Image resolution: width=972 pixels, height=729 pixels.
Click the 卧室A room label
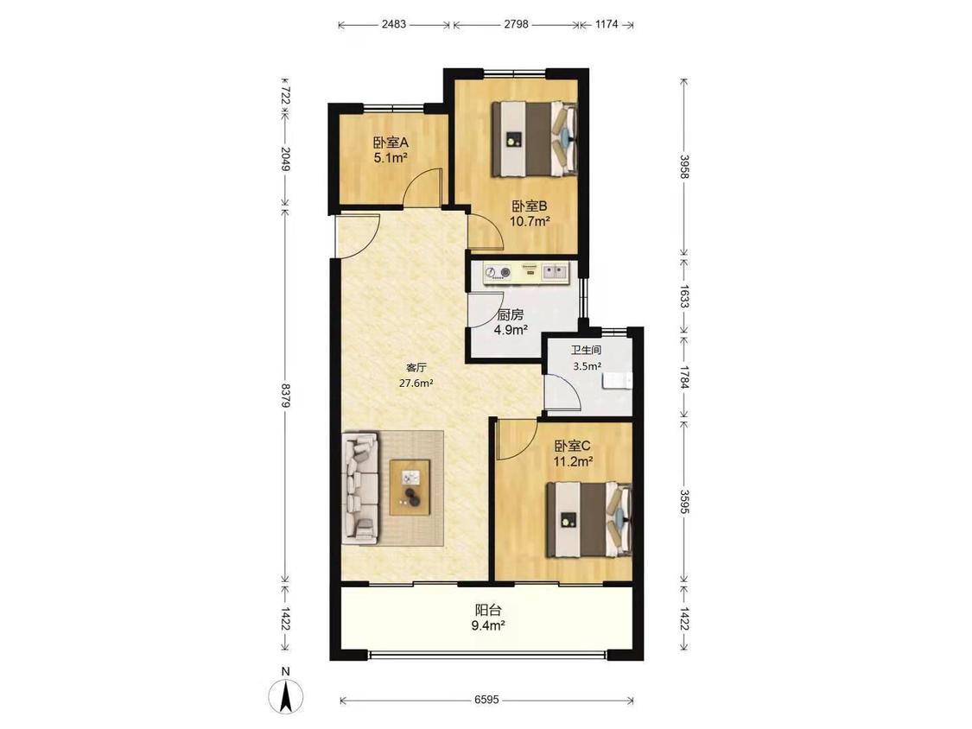click(391, 143)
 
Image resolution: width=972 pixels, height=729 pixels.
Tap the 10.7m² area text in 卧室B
click(530, 221)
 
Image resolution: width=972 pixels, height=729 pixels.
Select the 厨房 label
click(510, 315)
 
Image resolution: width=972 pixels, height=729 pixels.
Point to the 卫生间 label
click(586, 350)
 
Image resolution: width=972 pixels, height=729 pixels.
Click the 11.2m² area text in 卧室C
click(574, 461)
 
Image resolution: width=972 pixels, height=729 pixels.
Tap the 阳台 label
click(488, 611)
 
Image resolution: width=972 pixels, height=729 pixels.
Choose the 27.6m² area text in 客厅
click(416, 384)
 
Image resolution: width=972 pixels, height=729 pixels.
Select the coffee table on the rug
click(410, 487)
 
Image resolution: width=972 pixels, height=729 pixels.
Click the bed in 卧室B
click(535, 140)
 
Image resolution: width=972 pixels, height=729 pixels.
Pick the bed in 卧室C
click(589, 520)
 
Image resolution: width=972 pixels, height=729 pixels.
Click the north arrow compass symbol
click(286, 694)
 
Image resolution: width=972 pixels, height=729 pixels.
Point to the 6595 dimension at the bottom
click(486, 700)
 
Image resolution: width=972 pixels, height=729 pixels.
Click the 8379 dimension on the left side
click(285, 395)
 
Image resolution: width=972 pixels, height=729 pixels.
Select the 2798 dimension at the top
click(517, 24)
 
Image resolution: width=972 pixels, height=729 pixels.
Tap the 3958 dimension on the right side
click(683, 167)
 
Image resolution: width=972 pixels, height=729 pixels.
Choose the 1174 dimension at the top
click(607, 24)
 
